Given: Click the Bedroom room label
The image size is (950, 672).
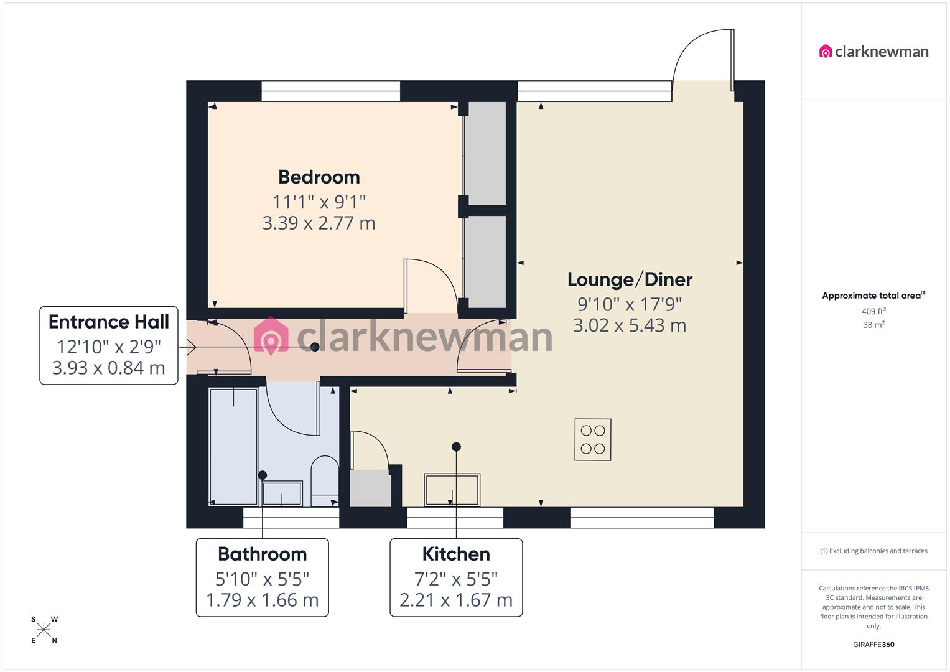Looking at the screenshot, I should [x=319, y=177].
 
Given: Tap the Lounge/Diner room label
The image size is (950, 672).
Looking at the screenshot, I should [x=630, y=279].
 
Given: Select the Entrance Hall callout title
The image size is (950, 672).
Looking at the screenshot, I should [x=109, y=322].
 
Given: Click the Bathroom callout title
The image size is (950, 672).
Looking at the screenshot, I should [x=262, y=554].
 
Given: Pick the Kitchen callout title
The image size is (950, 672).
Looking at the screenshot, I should [x=456, y=554].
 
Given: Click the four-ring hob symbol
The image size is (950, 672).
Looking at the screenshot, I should [x=592, y=439].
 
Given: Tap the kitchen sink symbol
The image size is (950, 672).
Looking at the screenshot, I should [x=452, y=490].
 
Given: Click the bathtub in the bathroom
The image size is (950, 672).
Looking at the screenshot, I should [x=233, y=447].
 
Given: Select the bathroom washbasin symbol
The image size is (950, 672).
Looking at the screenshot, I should [x=282, y=493].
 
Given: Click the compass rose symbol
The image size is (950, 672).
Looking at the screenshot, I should [x=44, y=630].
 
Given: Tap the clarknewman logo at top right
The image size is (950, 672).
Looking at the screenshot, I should [x=873, y=52].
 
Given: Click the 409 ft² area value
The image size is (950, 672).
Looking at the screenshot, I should [x=873, y=311].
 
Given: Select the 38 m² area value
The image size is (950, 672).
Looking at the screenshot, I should [x=873, y=325].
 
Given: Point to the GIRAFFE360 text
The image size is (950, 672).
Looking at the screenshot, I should [x=873, y=645].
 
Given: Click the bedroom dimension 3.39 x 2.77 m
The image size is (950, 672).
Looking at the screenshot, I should [x=319, y=223].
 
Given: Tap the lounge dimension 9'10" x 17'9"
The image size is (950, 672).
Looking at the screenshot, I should [x=630, y=304].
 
